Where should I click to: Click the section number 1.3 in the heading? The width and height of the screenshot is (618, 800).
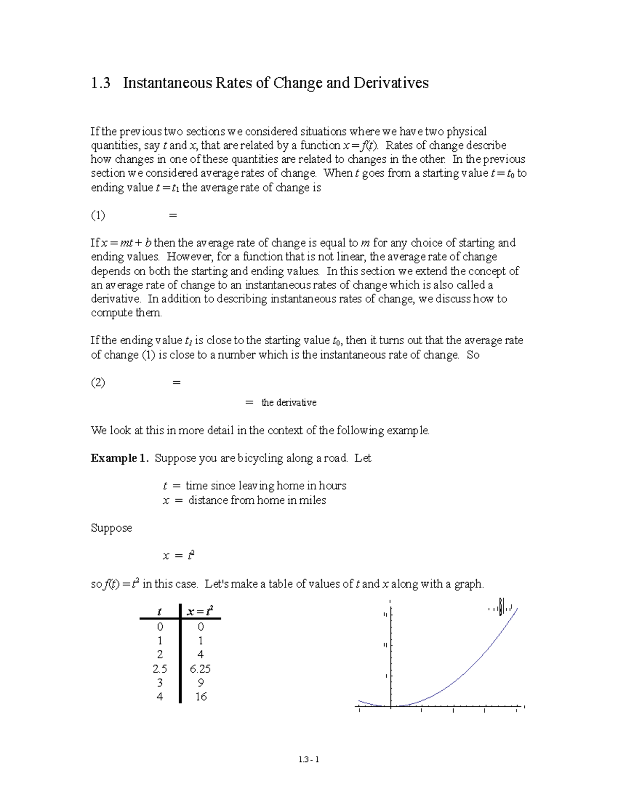tap(100, 83)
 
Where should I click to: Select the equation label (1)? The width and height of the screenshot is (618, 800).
tap(98, 215)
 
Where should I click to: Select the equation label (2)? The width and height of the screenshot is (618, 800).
tap(98, 383)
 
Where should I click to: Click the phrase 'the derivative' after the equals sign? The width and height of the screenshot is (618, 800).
tap(288, 403)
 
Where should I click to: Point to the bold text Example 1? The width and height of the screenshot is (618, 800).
tap(120, 458)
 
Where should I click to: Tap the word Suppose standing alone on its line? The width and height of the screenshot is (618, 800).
tap(111, 528)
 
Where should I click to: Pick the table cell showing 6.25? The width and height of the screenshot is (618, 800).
tap(200, 669)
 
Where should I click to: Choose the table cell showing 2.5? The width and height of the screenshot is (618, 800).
tap(160, 669)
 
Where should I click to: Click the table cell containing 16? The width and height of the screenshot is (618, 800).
tap(200, 697)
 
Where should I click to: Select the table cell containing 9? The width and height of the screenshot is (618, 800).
tap(200, 683)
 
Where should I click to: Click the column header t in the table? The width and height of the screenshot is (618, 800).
tap(160, 612)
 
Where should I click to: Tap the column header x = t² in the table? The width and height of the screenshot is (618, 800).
tap(200, 611)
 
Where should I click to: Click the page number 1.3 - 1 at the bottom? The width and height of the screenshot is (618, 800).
tap(309, 759)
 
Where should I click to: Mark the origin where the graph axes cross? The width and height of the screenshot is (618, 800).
tap(391, 707)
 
